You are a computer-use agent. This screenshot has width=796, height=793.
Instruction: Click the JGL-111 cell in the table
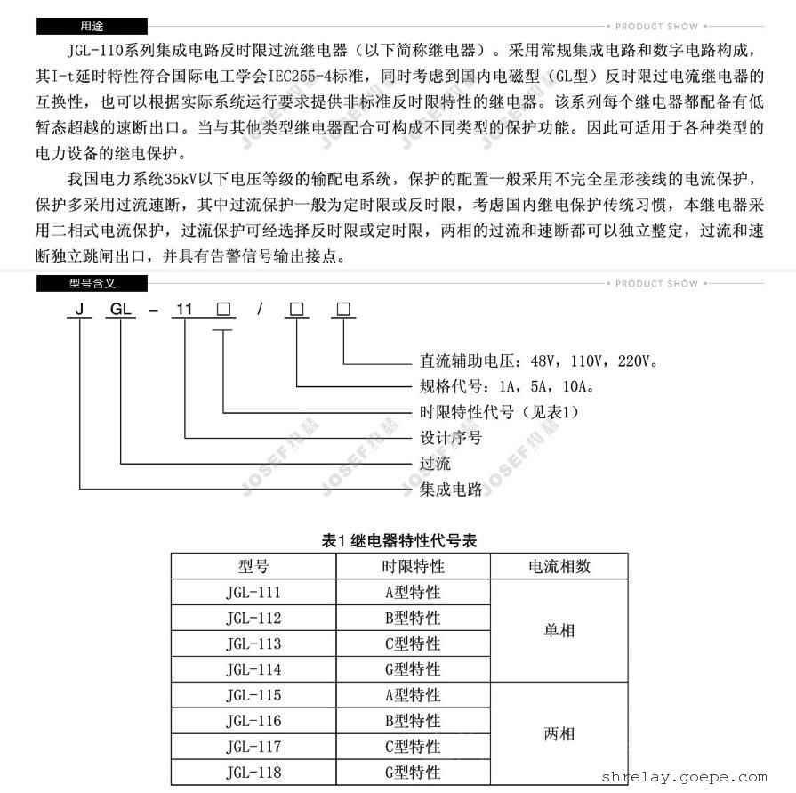(253, 593)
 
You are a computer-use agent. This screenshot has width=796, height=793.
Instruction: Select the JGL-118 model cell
(253, 773)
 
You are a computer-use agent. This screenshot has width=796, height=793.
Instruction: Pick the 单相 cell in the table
(559, 630)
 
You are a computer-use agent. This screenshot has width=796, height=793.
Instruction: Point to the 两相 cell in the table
(559, 734)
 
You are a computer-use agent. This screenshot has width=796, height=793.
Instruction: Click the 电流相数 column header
(559, 567)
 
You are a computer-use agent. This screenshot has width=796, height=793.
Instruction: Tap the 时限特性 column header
(413, 567)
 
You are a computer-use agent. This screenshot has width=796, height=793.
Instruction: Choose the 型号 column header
(253, 567)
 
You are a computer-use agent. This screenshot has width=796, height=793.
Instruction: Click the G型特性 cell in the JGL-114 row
(413, 669)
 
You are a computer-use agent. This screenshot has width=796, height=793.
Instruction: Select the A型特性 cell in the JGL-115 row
(413, 695)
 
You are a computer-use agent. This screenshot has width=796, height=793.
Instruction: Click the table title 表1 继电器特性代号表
(399, 540)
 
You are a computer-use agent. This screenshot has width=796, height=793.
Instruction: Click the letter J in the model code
(80, 310)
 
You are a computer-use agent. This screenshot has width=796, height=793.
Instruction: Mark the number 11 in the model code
(184, 310)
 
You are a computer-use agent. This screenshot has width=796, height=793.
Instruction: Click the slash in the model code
(259, 310)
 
